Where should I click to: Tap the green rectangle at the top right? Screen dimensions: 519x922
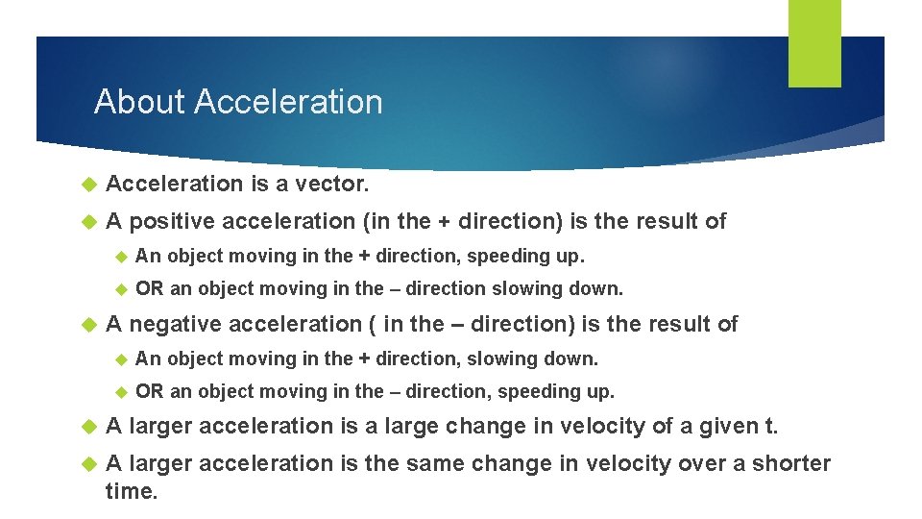click(x=814, y=44)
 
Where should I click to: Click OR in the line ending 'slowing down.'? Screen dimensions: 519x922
click(x=150, y=288)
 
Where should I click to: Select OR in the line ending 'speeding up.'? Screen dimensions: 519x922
click(x=150, y=391)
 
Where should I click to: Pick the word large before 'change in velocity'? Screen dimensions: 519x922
click(x=417, y=426)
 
